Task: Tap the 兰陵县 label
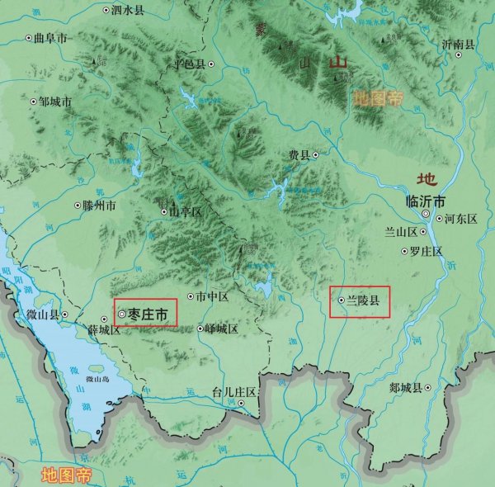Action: click(x=362, y=301)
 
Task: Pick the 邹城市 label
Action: click(x=55, y=102)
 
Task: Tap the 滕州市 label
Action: click(x=101, y=205)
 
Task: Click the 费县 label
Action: click(x=298, y=154)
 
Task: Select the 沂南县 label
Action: click(x=459, y=44)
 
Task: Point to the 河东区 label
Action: click(x=461, y=219)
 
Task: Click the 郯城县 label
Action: click(x=406, y=387)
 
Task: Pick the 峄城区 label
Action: click(x=221, y=329)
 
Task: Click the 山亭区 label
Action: click(x=186, y=211)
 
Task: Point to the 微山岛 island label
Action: click(x=96, y=379)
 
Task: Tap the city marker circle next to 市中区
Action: click(x=191, y=296)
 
